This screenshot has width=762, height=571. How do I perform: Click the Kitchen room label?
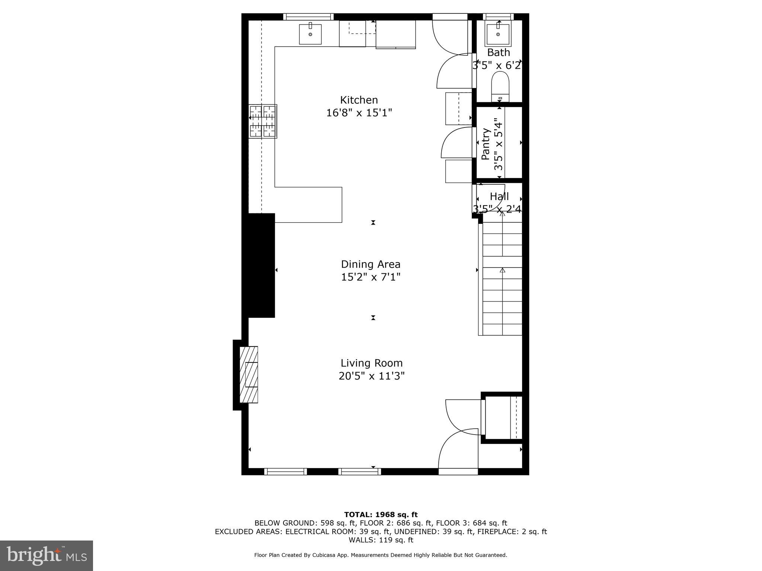click(x=359, y=100)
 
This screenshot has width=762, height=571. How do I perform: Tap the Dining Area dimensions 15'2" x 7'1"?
click(x=371, y=277)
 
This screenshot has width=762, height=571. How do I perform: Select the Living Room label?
click(x=371, y=363)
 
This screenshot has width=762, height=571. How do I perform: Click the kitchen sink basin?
click(x=310, y=34)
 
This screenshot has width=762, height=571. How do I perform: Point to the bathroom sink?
click(x=498, y=34)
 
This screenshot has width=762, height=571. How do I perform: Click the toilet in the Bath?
click(x=500, y=86)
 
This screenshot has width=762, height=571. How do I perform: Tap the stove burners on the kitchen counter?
click(x=263, y=121)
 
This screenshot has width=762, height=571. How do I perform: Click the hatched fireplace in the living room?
click(x=249, y=374)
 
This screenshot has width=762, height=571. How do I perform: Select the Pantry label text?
click(x=486, y=144)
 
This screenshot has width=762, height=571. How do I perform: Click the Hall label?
click(x=499, y=196)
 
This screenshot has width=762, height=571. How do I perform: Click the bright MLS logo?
click(x=46, y=555)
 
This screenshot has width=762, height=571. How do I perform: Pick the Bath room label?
click(x=499, y=52)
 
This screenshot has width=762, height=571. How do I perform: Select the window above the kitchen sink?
click(x=308, y=16)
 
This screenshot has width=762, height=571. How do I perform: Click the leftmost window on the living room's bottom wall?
click(x=285, y=471)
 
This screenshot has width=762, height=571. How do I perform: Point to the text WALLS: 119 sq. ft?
click(x=381, y=540)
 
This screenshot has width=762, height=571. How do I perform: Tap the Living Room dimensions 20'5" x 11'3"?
click(x=371, y=376)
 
